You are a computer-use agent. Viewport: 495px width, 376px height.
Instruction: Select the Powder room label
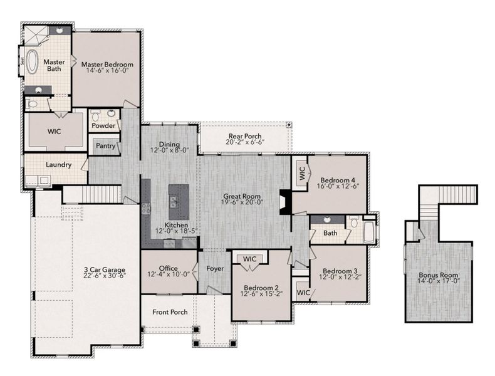103,125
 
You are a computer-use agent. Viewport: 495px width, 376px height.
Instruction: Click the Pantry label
103,146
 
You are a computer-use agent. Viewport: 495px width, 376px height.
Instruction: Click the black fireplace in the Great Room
286,202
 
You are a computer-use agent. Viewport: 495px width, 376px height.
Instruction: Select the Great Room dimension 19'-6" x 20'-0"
243,202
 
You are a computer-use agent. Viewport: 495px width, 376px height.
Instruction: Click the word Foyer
215,269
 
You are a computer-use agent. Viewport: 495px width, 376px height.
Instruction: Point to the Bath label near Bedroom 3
330,233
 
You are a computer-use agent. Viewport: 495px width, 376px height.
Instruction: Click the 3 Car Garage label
102,270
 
